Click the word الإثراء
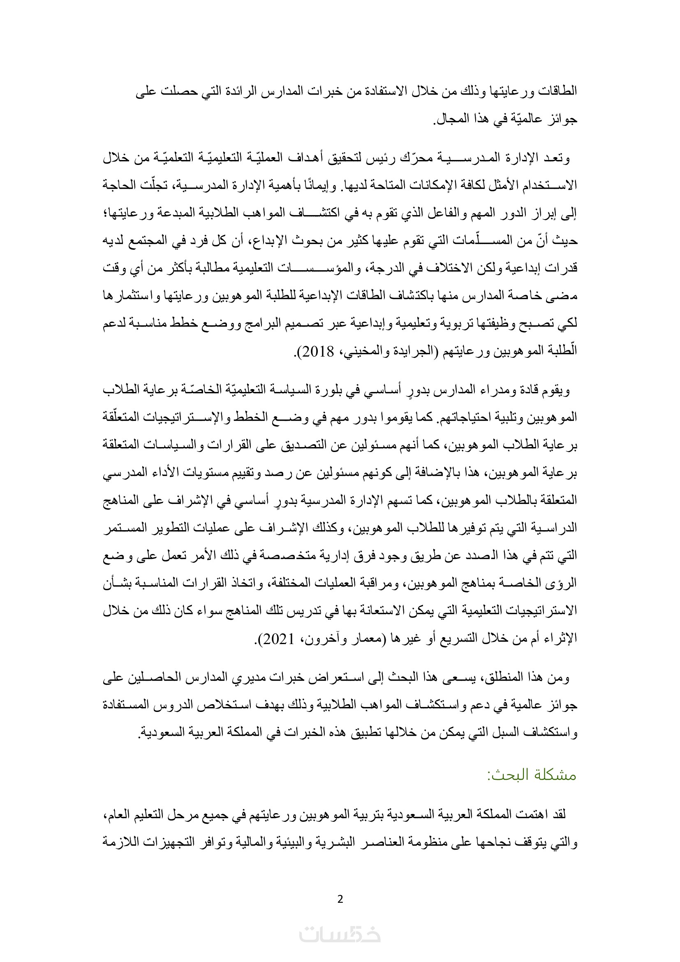point(563,639)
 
